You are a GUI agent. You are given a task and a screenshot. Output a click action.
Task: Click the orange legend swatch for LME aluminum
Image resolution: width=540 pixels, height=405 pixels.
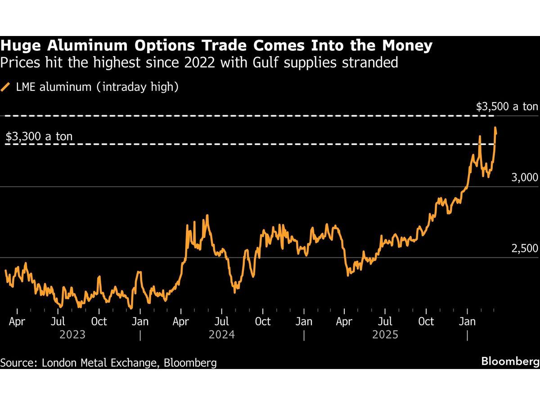tap(6, 86)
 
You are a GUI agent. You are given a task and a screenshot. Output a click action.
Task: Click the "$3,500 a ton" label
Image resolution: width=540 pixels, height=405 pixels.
tap(507, 107)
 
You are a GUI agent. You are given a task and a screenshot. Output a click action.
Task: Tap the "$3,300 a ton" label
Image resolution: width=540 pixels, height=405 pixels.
tap(39, 136)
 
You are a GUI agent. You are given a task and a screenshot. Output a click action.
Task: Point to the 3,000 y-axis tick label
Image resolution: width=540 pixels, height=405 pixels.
tap(524, 177)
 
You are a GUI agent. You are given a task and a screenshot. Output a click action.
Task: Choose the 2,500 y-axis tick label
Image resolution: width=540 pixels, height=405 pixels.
tap(524, 248)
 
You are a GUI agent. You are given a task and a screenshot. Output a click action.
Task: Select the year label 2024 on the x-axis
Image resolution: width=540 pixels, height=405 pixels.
tap(221, 335)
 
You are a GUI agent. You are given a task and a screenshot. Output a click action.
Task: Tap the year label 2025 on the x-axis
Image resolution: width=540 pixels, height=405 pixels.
tap(385, 335)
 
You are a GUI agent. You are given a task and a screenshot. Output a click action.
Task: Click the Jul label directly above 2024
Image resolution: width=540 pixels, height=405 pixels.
tap(221, 321)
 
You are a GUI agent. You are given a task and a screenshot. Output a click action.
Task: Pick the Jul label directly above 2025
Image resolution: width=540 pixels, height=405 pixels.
tap(385, 321)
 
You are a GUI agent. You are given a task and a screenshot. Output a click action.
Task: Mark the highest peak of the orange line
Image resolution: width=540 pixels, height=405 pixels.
tap(495, 128)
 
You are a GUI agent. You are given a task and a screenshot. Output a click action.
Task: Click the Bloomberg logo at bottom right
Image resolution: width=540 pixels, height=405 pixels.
tap(510, 361)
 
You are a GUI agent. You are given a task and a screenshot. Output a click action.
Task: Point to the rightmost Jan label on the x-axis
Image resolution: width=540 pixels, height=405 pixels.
tap(467, 321)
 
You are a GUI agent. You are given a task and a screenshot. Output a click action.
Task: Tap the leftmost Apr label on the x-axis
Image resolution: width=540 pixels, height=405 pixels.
tap(17, 321)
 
